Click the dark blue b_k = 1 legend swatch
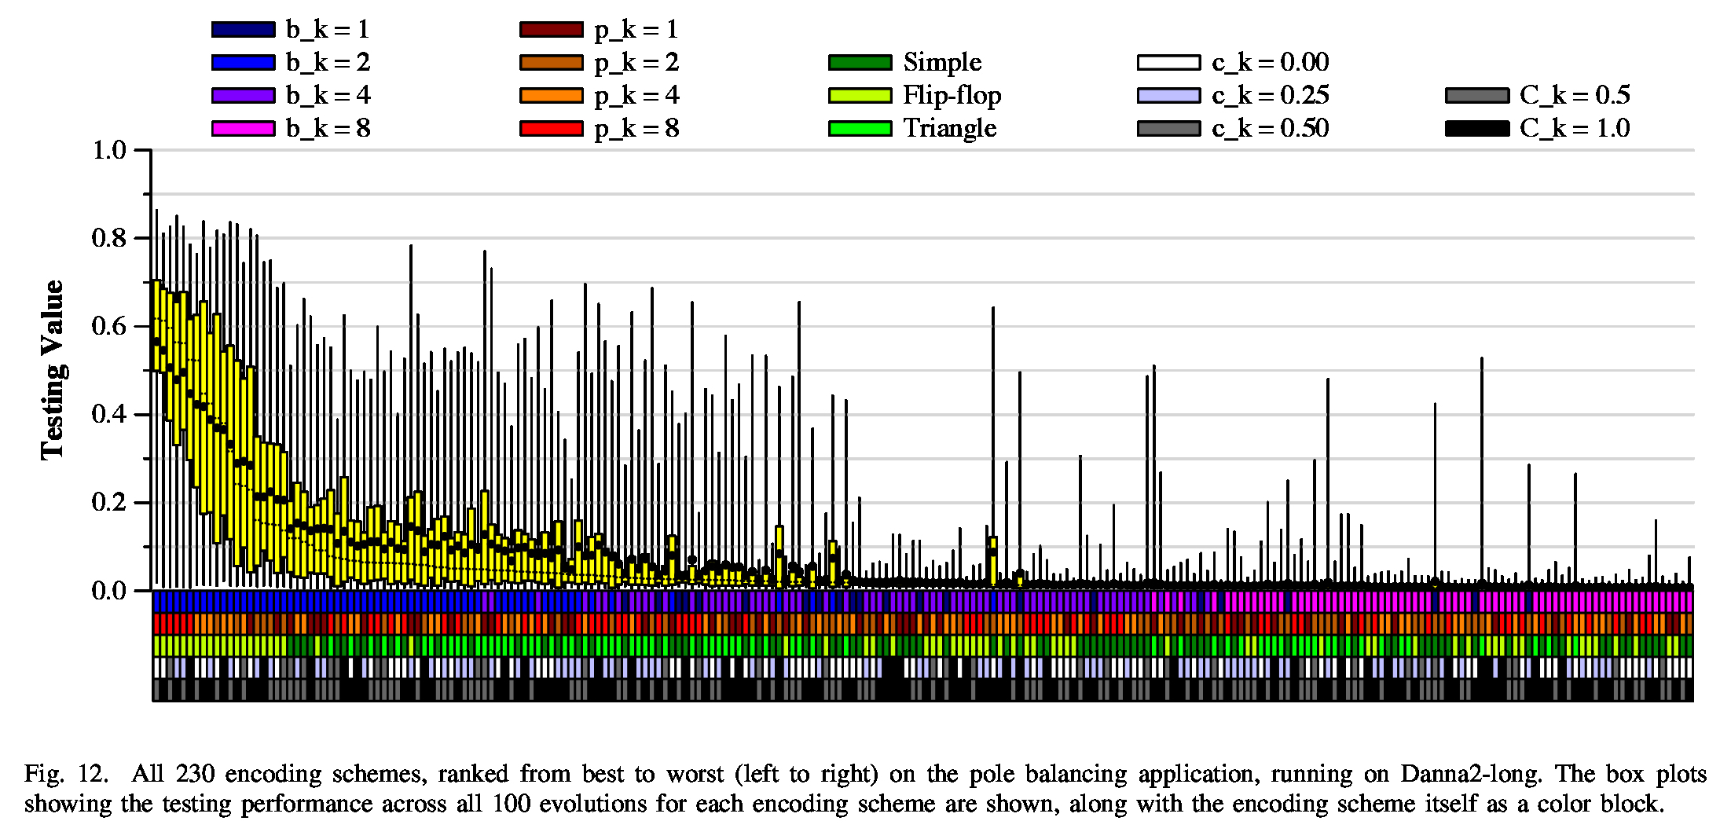(243, 30)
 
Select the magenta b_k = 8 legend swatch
(243, 128)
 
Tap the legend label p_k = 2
(636, 62)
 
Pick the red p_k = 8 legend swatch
(551, 128)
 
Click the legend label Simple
(942, 62)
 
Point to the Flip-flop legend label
(952, 95)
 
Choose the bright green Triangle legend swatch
(860, 128)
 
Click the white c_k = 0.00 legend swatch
(1168, 62)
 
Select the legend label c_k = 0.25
(1270, 95)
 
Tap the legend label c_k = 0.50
(1270, 128)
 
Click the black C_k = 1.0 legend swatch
(1477, 128)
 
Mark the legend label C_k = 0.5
(1574, 95)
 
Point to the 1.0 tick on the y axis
(109, 150)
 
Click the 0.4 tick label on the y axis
(109, 414)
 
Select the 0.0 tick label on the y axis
(109, 590)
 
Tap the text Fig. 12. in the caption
(66, 774)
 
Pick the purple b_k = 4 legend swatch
(243, 95)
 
